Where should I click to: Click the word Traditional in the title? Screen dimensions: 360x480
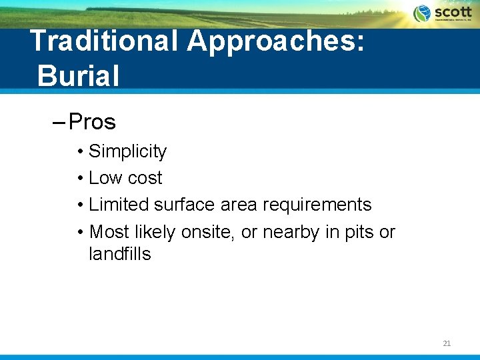pyautogui.click(x=104, y=41)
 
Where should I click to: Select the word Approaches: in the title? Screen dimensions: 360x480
pyautogui.click(x=276, y=41)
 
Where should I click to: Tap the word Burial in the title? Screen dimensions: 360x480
pyautogui.click(x=79, y=75)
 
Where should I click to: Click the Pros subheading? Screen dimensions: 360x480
pyautogui.click(x=92, y=122)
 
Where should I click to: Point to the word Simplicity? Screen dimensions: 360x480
pyautogui.click(x=127, y=151)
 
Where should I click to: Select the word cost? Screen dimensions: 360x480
pyautogui.click(x=144, y=178)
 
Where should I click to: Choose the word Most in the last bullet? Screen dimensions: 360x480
pyautogui.click(x=109, y=232)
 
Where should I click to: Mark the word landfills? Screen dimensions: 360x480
pyautogui.click(x=120, y=254)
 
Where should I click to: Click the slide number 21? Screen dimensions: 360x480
pyautogui.click(x=447, y=343)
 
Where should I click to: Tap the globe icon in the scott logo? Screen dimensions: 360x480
pyautogui.click(x=422, y=13)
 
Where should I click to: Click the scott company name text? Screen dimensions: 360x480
pyautogui.click(x=453, y=12)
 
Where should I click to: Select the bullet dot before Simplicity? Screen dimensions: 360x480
pyautogui.click(x=79, y=152)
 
